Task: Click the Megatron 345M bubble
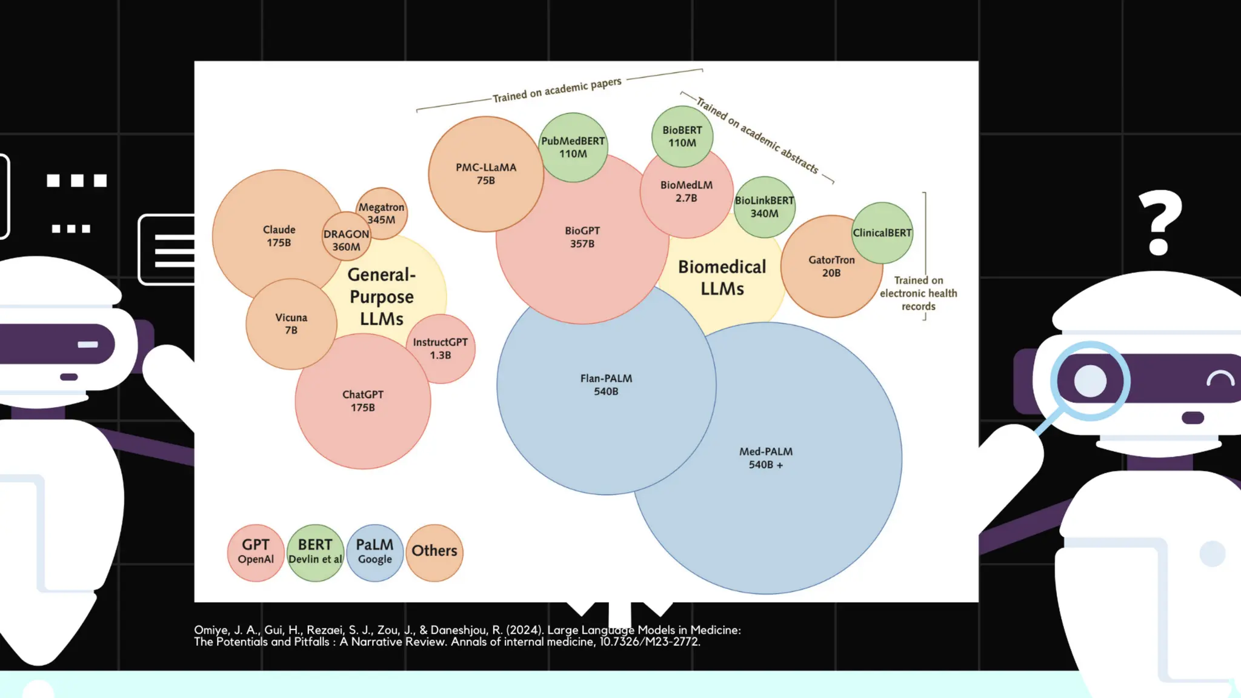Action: [x=381, y=213]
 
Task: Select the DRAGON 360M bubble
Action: [x=346, y=240]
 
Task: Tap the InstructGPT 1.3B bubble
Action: [x=441, y=348]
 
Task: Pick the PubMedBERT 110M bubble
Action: [x=573, y=147]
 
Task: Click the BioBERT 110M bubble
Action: [x=682, y=136]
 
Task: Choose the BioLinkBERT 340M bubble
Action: [x=764, y=207]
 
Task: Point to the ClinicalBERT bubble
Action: [x=882, y=233]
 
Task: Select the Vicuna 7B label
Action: [x=291, y=324]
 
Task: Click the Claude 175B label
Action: [x=279, y=236]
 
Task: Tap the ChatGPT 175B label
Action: [x=363, y=401]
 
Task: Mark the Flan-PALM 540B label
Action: [x=606, y=385]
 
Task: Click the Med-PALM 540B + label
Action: [x=766, y=458]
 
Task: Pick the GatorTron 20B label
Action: [x=831, y=266]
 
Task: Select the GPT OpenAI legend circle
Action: [x=256, y=552]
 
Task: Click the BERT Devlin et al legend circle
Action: [x=315, y=552]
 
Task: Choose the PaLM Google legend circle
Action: [x=374, y=552]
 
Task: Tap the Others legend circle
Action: [x=434, y=552]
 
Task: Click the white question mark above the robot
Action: [x=1160, y=221]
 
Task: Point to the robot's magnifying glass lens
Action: [x=1090, y=381]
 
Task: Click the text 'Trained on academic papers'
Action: [x=557, y=90]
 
